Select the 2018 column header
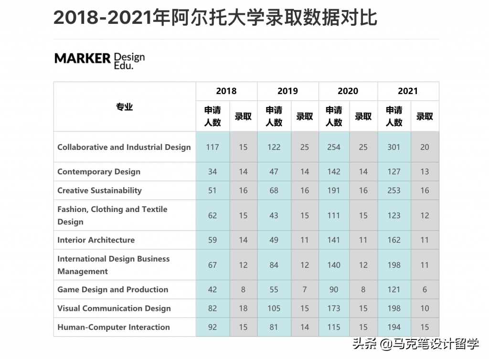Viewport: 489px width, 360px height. click(226, 91)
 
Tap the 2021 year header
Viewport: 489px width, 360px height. click(407, 91)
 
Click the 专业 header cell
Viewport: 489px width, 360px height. click(124, 107)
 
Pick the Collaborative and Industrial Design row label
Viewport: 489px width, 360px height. click(124, 147)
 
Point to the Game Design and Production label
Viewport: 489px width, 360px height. click(113, 289)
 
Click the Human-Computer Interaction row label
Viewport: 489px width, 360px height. click(113, 327)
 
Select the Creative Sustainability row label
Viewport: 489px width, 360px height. click(99, 191)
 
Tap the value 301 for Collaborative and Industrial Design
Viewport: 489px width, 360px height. click(393, 147)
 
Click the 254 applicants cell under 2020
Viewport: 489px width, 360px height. click(333, 147)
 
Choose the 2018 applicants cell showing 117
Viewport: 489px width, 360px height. click(213, 147)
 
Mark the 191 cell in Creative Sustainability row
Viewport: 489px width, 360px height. click(333, 191)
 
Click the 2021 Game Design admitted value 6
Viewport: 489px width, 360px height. click(425, 289)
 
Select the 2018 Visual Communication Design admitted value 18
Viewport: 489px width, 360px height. click(243, 308)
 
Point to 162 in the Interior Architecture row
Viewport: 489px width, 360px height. click(393, 240)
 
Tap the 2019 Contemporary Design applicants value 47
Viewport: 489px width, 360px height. click(274, 171)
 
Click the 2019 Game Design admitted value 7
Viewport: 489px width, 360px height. click(305, 289)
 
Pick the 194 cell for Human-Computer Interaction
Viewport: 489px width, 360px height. click(393, 327)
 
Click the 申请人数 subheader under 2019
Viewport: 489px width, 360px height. click(274, 116)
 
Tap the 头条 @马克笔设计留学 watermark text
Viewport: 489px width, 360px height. click(415, 344)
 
